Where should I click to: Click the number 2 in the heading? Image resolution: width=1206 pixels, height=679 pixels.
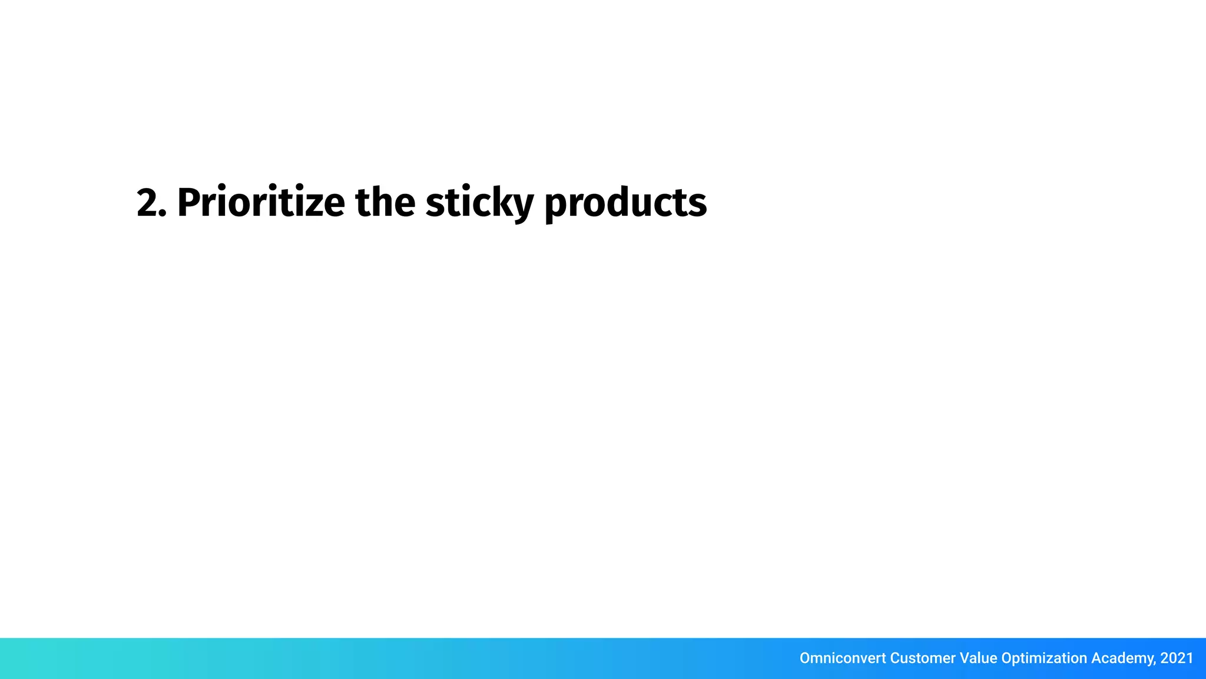tap(147, 203)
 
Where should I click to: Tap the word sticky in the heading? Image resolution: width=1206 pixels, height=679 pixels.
tap(479, 203)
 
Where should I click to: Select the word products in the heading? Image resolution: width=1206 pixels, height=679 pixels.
tap(625, 203)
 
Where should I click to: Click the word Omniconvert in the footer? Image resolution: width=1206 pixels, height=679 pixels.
tap(842, 658)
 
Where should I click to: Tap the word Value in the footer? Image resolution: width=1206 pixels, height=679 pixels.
tap(979, 658)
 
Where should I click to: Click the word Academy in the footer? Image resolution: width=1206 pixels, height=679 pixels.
tap(1122, 658)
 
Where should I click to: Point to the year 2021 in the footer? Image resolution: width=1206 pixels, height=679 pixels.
tap(1177, 658)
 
